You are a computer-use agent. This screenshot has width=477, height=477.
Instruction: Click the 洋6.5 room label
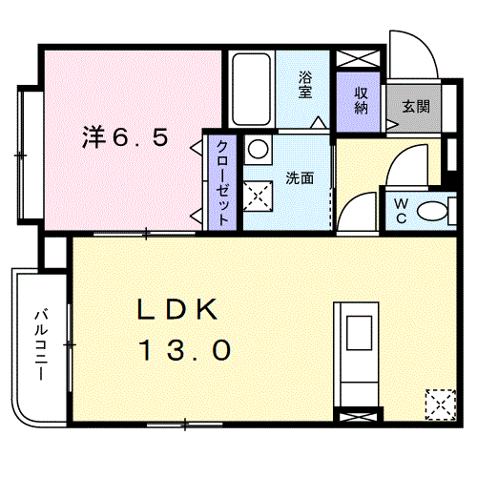click(x=124, y=137)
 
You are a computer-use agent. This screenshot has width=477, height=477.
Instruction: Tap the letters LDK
click(x=178, y=310)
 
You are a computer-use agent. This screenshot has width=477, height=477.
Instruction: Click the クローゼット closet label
click(x=221, y=181)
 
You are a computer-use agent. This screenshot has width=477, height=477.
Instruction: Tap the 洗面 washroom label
click(x=300, y=178)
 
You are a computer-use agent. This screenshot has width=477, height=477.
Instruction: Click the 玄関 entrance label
click(x=415, y=106)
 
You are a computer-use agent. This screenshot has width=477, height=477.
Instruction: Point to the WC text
click(x=401, y=211)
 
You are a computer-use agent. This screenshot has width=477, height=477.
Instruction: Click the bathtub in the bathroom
click(x=252, y=89)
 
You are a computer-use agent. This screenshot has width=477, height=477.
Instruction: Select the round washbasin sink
click(x=258, y=149)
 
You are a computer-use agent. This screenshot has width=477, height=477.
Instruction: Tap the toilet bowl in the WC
click(x=435, y=212)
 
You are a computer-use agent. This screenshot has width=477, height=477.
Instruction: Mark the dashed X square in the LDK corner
click(x=440, y=403)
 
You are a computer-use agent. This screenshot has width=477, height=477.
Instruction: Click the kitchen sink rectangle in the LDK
click(x=361, y=335)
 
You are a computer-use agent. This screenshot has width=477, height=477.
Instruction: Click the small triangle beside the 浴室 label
click(x=318, y=123)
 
